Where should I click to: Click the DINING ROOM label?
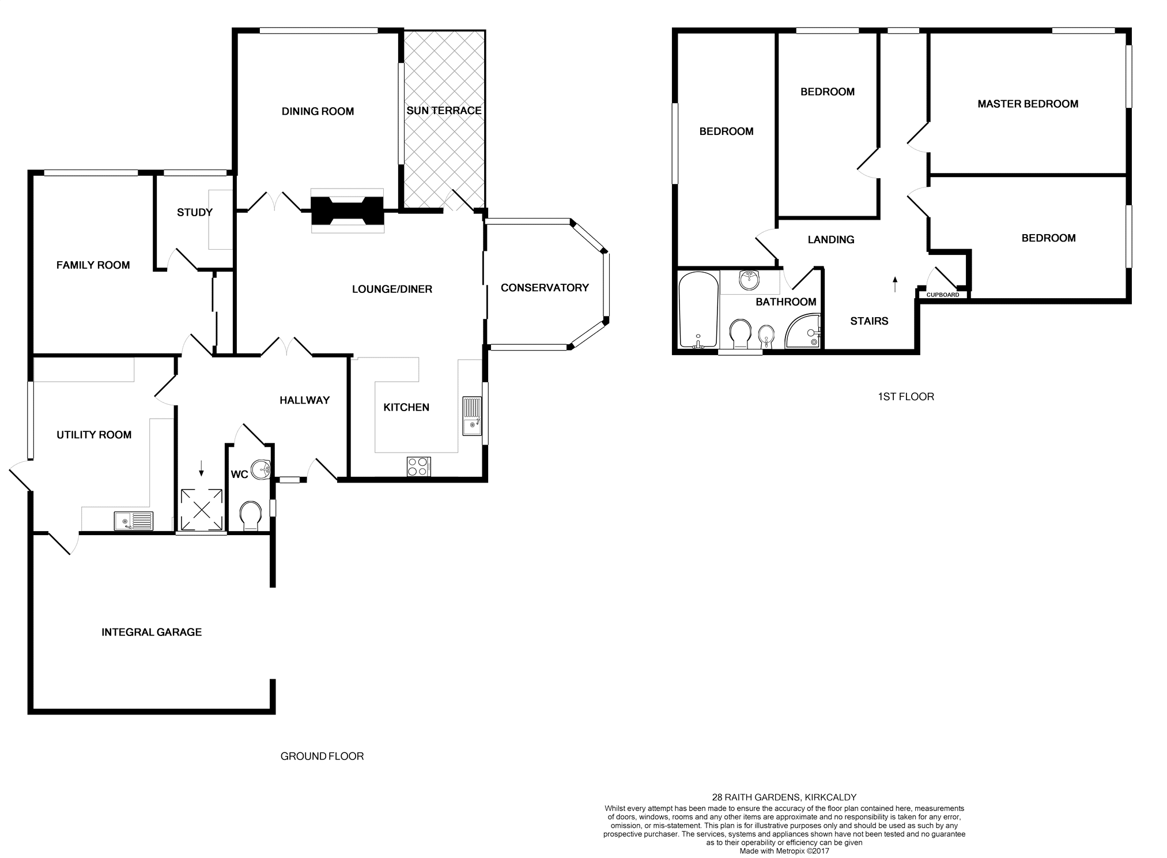318,111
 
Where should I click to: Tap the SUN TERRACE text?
444,110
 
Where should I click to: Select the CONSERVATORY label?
545,287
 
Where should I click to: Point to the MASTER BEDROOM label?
1028,104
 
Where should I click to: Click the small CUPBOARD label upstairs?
943,295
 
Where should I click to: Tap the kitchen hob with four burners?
418,466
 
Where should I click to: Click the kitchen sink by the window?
471,416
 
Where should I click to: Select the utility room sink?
133,521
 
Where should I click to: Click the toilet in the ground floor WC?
250,515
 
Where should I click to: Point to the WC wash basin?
262,470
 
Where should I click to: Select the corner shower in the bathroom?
803,332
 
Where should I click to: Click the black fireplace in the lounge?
348,210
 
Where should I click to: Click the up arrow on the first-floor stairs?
895,284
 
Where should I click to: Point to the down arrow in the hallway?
201,468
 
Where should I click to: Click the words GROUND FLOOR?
322,756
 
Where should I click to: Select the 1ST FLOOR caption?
906,396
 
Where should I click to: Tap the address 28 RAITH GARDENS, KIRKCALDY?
784,797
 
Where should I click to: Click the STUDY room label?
195,212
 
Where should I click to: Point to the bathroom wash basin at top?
750,281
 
